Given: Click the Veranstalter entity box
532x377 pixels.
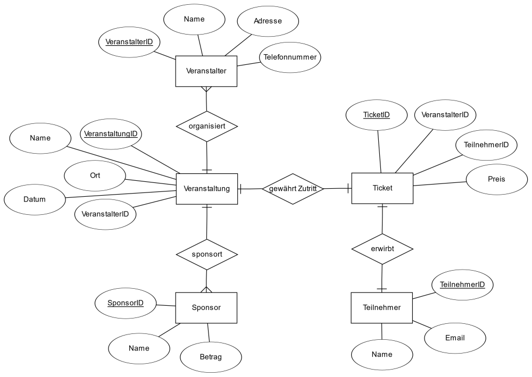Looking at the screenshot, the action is point(206,71).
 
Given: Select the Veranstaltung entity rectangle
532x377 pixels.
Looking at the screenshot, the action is point(207,189).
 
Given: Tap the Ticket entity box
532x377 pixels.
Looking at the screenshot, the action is point(383,188).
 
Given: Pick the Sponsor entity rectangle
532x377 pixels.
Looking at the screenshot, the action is point(206,308).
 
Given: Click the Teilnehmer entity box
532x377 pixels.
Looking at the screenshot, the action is point(381,308).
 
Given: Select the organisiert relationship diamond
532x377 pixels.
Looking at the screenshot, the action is point(207,127).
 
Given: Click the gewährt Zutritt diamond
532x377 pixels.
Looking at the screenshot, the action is point(293,189).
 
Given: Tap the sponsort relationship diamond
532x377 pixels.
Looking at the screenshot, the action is point(207,255).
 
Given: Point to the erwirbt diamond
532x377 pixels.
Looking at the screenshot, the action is point(383,249).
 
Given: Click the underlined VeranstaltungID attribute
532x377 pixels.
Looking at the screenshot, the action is point(111,134).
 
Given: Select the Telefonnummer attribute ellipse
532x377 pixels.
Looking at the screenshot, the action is point(290,57).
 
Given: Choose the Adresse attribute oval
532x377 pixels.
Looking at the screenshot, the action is point(268,21).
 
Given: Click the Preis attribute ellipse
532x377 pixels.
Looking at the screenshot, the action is point(497,179).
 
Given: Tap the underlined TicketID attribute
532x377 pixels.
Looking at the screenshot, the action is point(377,115).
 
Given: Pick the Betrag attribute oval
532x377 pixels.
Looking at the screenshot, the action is point(211,357).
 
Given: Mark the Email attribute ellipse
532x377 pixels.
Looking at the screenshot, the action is point(455,338).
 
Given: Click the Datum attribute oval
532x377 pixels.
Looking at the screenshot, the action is point(35,200).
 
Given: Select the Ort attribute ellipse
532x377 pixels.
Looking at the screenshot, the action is point(95,175).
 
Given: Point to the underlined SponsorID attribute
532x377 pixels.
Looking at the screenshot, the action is point(126,303).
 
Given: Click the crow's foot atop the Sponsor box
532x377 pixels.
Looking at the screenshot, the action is point(206,290).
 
